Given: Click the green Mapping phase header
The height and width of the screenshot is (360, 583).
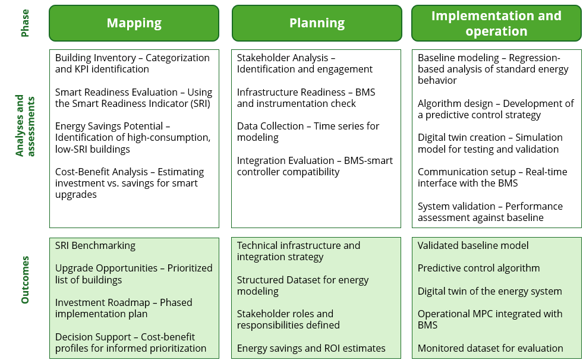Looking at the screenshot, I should coord(134,23).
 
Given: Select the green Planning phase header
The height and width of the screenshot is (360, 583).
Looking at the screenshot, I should coord(317,23).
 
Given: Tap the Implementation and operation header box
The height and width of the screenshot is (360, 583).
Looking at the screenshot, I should coord(496,23).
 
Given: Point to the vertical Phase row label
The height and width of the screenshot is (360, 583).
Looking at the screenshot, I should coord(25,23).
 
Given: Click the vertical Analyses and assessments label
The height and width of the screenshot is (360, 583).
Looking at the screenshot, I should coord(25,125).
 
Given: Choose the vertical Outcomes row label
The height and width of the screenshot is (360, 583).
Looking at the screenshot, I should coord(25,280).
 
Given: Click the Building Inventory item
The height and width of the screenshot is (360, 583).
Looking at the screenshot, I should coord(132,64).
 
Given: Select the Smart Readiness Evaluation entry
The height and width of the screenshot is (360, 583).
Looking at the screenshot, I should coord(133,98).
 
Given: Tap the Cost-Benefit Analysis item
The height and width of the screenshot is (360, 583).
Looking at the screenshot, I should coord(130,183).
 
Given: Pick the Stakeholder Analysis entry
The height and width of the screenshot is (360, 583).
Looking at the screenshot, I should coord(304,64).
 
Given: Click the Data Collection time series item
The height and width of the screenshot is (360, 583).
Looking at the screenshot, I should coord(308,132).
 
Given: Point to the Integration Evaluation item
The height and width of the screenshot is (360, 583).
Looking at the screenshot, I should coord(314,166).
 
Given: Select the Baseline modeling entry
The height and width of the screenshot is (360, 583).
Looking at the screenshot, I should coord(493,69).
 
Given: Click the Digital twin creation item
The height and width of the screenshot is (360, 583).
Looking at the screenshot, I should coord(490,143).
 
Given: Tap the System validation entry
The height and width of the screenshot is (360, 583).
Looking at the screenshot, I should coord(490,212).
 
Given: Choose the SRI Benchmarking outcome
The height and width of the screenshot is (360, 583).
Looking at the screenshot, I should coord(95,245).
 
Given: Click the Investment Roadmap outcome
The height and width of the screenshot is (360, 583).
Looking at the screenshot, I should coord(124,308).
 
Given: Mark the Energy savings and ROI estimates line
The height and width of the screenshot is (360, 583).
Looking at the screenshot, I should coord(311,348).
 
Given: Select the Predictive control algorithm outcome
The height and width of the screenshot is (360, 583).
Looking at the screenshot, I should coord(478,268).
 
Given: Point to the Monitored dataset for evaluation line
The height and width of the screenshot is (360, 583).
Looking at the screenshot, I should coord(490,348).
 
